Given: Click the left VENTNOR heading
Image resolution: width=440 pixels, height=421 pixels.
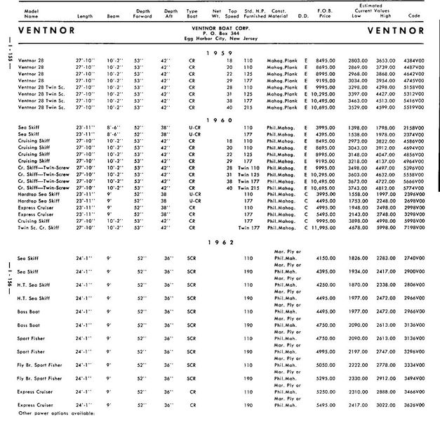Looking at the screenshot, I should [x=47, y=32].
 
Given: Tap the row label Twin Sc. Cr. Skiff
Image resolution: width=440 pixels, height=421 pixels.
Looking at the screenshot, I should [x=39, y=229].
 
